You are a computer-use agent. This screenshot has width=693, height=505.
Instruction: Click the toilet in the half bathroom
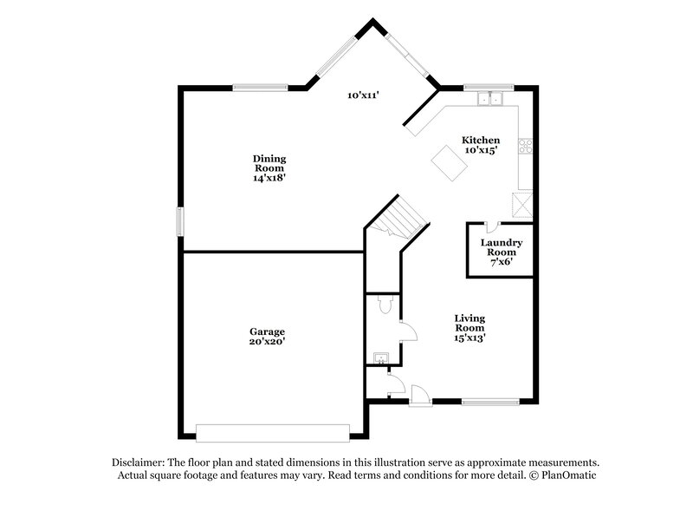[x=387, y=304]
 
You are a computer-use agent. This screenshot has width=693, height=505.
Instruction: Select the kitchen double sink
[x=490, y=99]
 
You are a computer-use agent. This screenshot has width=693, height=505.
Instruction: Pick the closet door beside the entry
[x=393, y=382]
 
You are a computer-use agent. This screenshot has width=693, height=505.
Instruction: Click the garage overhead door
[x=273, y=431]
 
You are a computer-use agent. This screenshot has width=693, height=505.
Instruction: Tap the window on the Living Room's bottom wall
[x=489, y=400]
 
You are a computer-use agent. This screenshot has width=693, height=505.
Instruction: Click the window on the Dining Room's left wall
[x=181, y=220]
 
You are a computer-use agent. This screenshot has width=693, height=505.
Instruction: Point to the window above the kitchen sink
[x=489, y=88]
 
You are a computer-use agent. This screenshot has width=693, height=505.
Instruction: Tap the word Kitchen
[x=480, y=140]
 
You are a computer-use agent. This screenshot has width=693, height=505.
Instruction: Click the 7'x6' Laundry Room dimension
[x=501, y=259]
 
